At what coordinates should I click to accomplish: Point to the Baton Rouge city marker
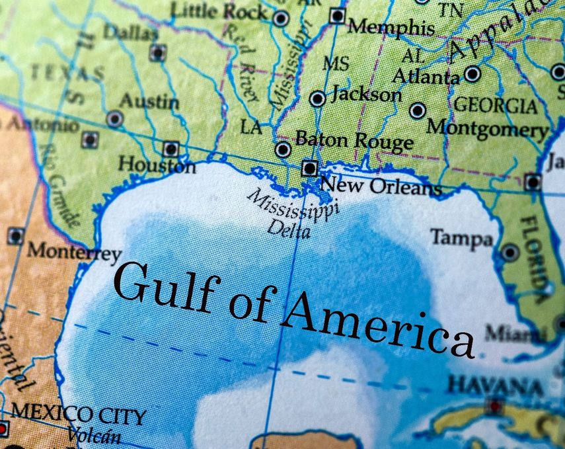[x=283, y=149]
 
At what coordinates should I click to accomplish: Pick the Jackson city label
[x=366, y=95]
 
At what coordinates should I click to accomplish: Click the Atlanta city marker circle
[x=472, y=74]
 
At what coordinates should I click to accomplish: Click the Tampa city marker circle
[x=509, y=252]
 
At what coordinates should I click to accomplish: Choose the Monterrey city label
[x=74, y=252]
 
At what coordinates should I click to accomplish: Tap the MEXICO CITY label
[x=79, y=416]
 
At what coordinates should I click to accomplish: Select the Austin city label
[x=149, y=102]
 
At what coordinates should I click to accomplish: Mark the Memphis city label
[x=391, y=27]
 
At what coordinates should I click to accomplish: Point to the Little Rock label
[x=219, y=11]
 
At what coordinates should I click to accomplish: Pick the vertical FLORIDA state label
[x=537, y=259]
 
